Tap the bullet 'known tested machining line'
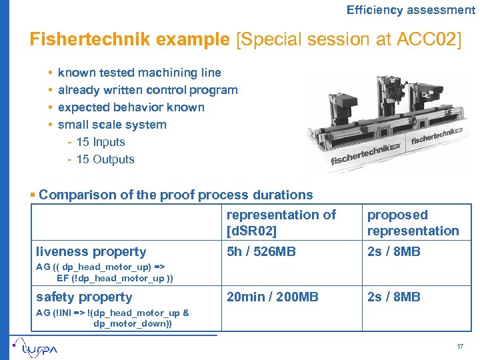point(139,73)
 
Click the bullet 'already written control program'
point(147,90)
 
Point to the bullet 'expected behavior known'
point(131,107)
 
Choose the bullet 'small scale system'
point(112,125)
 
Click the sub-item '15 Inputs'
point(100,142)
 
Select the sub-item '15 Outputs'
point(105,159)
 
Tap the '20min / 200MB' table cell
point(273,297)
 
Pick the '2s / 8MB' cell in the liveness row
point(393,252)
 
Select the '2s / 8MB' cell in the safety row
point(393,297)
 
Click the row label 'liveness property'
point(91,252)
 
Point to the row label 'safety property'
point(84,297)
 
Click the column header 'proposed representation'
point(413,223)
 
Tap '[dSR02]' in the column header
point(252,231)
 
